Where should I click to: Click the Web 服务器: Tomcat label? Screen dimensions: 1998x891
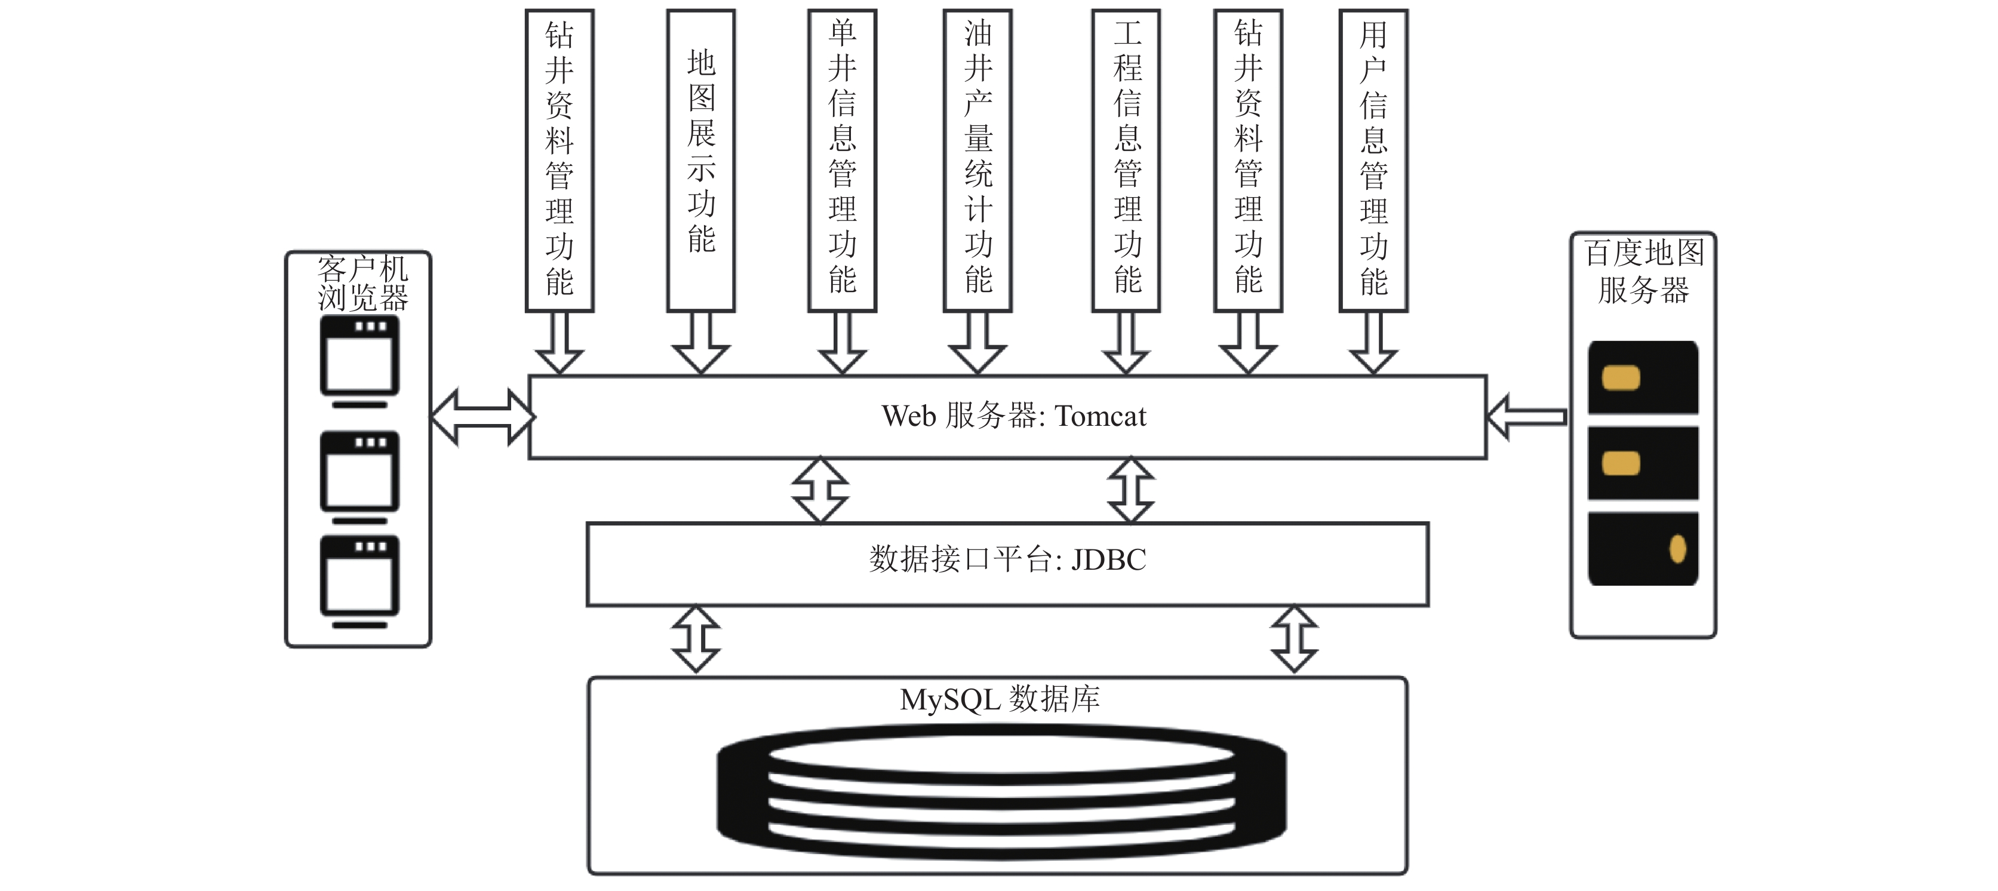[x=1014, y=416]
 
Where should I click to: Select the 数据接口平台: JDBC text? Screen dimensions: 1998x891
[x=1007, y=559]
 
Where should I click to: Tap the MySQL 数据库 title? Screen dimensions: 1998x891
[x=1000, y=699]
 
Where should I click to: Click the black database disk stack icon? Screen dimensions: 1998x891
[x=1001, y=791]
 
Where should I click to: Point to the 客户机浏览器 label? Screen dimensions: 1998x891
[x=362, y=284]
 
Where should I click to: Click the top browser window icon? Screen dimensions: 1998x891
[x=360, y=361]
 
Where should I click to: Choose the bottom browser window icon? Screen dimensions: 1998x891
[x=360, y=582]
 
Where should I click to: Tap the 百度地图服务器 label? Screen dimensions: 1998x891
[x=1643, y=271]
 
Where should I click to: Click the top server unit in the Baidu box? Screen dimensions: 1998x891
[x=1643, y=377]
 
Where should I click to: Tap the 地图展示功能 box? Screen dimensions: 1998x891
[x=701, y=161]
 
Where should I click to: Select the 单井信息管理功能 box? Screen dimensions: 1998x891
[x=843, y=161]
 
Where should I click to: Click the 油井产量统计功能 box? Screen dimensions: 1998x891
[x=978, y=161]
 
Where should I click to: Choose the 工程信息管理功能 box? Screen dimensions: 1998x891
[x=1126, y=161]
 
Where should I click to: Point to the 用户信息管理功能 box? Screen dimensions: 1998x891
[x=1373, y=161]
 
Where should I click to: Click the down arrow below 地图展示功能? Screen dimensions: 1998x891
[x=701, y=343]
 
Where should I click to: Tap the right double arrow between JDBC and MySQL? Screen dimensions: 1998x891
[x=1295, y=639]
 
